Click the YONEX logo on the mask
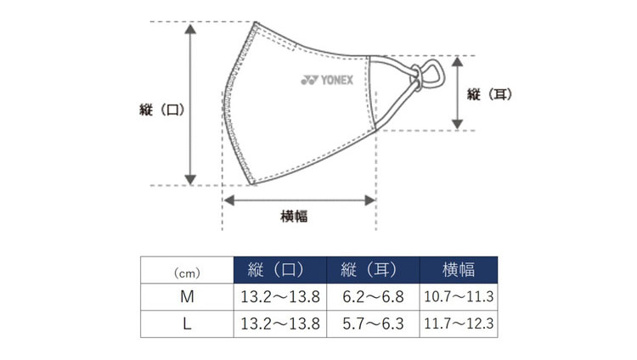327,80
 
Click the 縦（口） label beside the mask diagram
162,110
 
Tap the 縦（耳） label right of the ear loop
489,94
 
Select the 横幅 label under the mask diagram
294,216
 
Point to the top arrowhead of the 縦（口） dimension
190,29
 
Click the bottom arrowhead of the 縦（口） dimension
190,180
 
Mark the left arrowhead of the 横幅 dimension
229,200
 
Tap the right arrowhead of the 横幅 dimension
370,200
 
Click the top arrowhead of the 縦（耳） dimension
458,62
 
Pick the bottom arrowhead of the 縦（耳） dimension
458,124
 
